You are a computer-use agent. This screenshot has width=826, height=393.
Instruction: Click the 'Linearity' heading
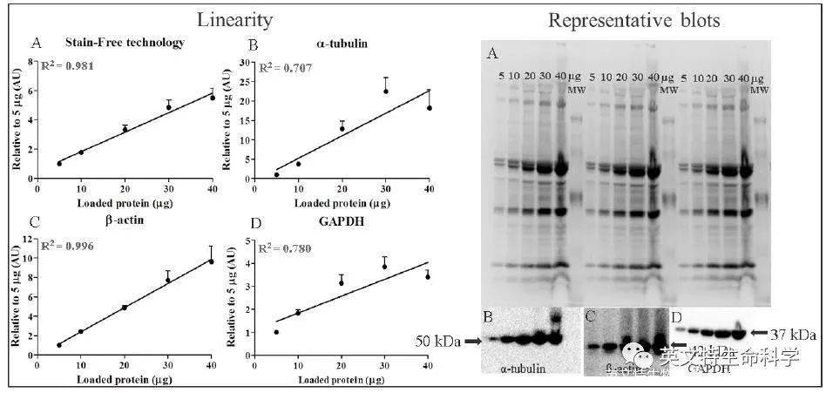point(234,20)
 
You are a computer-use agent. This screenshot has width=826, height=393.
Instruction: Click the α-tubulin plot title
point(336,43)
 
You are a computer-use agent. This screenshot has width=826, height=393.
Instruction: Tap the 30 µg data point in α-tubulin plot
point(385,91)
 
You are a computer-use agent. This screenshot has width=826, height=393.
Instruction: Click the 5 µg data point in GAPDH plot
point(277,332)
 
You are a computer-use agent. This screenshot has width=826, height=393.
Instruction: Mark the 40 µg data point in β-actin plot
point(210,261)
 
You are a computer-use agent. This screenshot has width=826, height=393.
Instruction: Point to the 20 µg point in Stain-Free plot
point(125,129)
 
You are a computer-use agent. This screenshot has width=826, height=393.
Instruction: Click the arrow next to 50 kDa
point(473,342)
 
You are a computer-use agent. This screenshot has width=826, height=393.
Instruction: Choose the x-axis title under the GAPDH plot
point(339,381)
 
